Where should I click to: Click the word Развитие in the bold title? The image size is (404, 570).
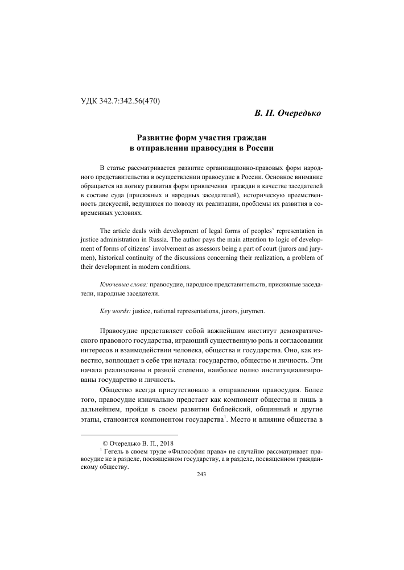[158, 138]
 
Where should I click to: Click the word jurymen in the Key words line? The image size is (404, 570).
[250, 311]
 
